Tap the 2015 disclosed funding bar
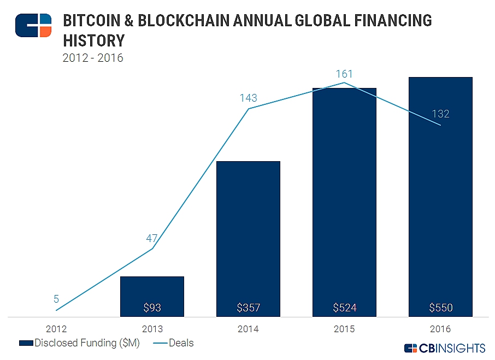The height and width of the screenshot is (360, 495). click(344, 202)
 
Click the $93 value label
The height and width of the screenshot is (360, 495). click(152, 308)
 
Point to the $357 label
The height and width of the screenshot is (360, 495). click(249, 308)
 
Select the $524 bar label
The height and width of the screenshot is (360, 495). click(345, 308)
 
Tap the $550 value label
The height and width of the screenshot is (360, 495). click(441, 308)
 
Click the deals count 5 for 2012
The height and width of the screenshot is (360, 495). click(56, 299)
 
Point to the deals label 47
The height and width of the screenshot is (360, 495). click(152, 238)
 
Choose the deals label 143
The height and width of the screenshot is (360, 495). click(249, 98)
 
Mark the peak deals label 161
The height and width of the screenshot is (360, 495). click(344, 74)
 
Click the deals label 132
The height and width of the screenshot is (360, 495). click(440, 114)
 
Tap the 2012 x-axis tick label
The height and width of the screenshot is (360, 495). click(56, 329)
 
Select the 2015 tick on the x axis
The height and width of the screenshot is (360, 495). click(344, 329)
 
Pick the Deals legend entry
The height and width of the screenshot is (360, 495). click(173, 343)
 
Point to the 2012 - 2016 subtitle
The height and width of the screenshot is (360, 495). click(93, 57)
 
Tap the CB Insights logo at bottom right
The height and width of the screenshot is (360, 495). click(444, 348)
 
